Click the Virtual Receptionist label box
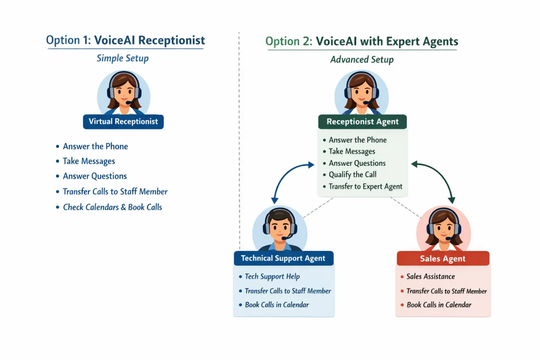[x=123, y=121]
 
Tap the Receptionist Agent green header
[x=362, y=121]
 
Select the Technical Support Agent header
[x=283, y=258]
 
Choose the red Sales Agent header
[x=443, y=259]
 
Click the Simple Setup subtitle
[x=122, y=58]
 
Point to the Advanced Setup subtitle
[x=362, y=59]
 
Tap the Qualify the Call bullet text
[x=352, y=175]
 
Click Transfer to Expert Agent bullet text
[x=365, y=186]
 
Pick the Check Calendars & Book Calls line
[x=112, y=207]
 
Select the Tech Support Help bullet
[x=272, y=276]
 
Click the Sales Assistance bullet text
[x=431, y=276]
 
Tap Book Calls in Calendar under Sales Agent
[x=439, y=305]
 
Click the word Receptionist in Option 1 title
[x=171, y=40]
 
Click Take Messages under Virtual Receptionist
[x=89, y=161]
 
